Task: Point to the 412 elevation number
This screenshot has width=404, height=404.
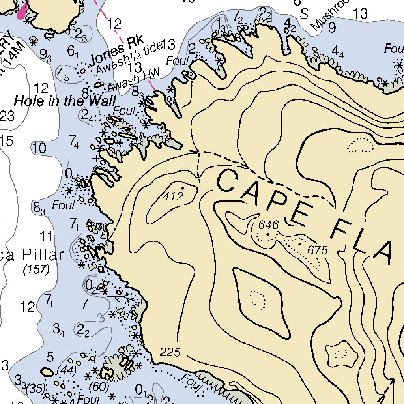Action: click(x=174, y=196)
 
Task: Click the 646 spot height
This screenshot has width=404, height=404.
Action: click(x=268, y=225)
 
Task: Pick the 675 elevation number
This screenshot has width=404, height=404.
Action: click(x=318, y=250)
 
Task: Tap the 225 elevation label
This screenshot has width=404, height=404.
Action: click(x=170, y=352)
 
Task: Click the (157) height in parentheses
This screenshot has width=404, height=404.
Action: click(x=36, y=270)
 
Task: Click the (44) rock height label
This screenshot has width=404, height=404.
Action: click(x=67, y=370)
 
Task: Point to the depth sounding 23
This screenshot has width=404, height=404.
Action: click(x=7, y=116)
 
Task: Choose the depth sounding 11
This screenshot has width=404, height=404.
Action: click(x=46, y=237)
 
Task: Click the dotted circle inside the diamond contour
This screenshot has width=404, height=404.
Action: click(x=258, y=300)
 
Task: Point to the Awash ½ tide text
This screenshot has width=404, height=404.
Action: click(x=130, y=59)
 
